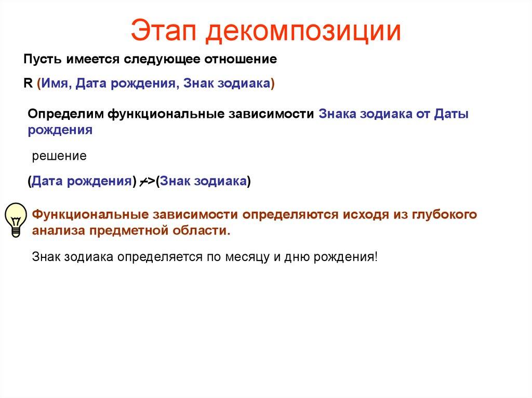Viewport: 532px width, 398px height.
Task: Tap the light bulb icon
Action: pos(15,219)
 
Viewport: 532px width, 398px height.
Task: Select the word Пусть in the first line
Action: pos(41,60)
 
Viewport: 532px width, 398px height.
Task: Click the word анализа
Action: pos(57,230)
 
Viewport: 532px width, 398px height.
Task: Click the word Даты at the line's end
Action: pos(450,114)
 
